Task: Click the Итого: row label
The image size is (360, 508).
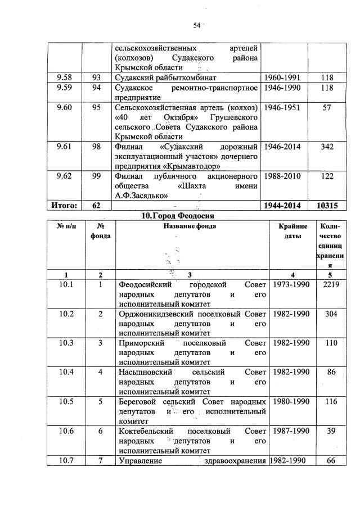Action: click(64, 206)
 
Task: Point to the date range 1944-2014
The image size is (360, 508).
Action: click(285, 206)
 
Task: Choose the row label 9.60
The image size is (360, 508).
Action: click(64, 107)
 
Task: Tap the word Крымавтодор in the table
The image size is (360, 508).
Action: click(191, 166)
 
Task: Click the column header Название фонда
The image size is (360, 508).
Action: click(190, 226)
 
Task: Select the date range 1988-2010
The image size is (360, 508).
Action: click(285, 176)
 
